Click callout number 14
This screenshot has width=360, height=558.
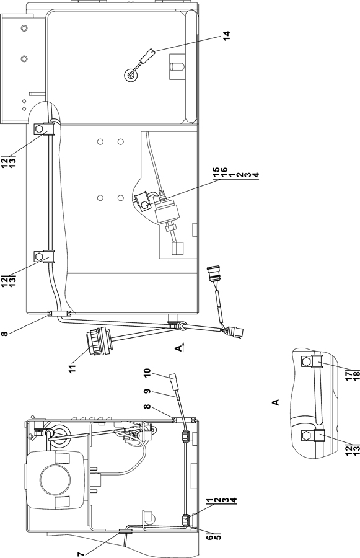[227, 35]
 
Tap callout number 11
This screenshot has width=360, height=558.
[73, 368]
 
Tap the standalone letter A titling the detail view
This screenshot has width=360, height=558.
[275, 402]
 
